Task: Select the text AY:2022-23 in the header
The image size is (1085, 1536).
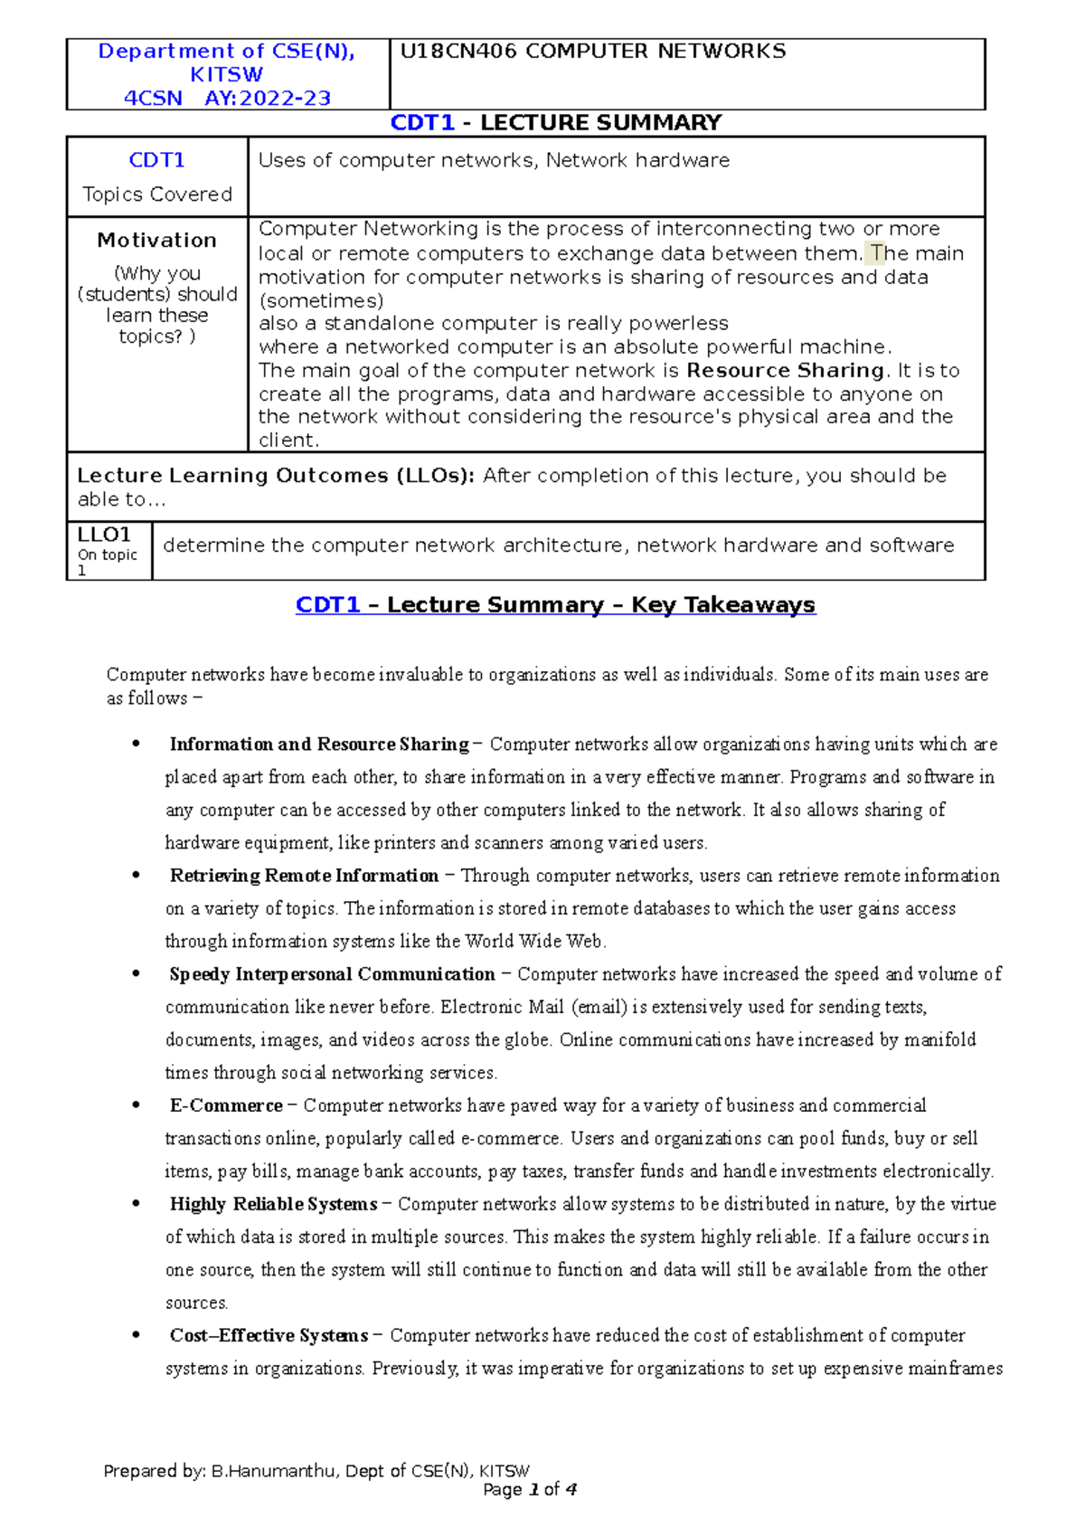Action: pos(268,99)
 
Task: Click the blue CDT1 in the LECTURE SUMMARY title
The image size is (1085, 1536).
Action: pos(422,123)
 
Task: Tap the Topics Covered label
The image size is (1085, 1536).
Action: pos(157,194)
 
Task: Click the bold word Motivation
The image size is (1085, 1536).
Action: pos(157,241)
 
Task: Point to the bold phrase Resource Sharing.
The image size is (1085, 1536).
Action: pos(785,371)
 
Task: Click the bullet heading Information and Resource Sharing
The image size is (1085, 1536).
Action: pos(319,744)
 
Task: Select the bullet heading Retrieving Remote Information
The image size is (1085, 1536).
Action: pos(304,876)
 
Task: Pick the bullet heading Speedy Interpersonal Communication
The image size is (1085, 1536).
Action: pos(332,974)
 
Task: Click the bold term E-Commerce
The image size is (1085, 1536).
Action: pos(226,1105)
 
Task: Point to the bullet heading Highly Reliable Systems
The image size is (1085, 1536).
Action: pos(273,1204)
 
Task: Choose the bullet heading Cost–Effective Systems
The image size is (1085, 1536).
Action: pos(269,1336)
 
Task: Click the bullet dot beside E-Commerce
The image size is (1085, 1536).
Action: pos(136,1105)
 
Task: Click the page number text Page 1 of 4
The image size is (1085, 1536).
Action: pos(530,1490)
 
